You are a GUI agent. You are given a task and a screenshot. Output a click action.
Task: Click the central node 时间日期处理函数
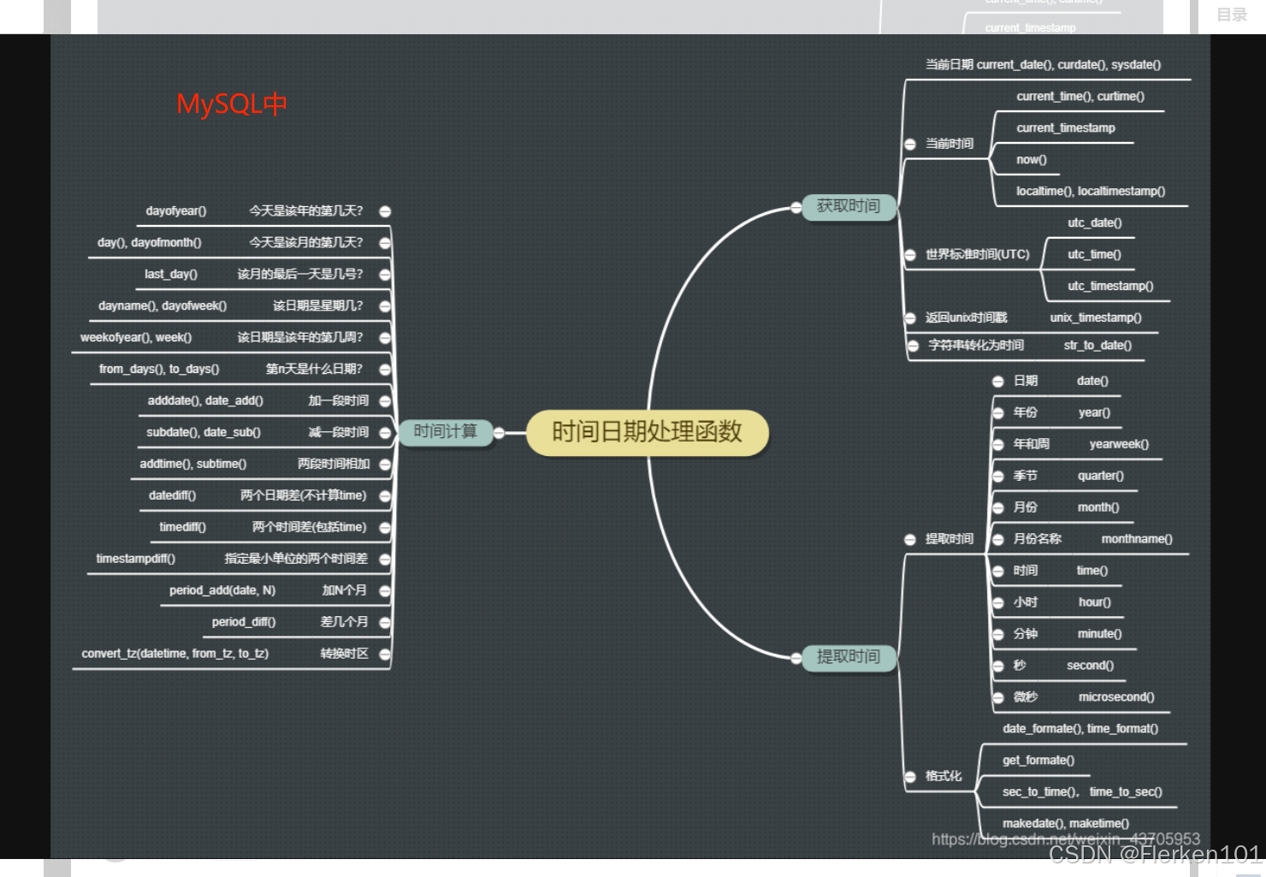tap(647, 432)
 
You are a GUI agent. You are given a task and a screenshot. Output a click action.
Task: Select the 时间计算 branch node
tap(445, 432)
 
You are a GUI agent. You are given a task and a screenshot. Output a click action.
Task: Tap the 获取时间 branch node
tap(848, 206)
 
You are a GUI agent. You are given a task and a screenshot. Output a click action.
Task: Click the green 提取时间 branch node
tap(848, 657)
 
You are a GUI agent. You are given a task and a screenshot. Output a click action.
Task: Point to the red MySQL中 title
tap(231, 104)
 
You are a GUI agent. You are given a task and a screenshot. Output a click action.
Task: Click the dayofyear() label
tap(176, 211)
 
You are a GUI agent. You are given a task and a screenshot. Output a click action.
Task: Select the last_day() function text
tap(171, 275)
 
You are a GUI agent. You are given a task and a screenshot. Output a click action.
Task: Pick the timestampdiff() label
tap(136, 559)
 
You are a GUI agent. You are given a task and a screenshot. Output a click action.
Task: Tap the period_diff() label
tap(244, 622)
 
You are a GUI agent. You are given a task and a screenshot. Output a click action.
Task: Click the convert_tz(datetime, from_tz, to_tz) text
tap(175, 654)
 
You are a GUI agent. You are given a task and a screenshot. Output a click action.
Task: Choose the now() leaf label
tap(1032, 160)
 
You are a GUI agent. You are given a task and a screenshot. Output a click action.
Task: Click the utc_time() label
tap(1094, 255)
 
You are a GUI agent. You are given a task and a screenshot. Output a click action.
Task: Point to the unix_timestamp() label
tap(1096, 318)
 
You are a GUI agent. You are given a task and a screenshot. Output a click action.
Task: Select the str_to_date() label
tap(1097, 346)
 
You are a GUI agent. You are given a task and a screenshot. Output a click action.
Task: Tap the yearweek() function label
tap(1119, 445)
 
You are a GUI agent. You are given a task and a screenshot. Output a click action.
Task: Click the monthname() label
tap(1137, 539)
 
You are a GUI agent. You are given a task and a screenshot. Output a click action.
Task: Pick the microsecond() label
tap(1116, 697)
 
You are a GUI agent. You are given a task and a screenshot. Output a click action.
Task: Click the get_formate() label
tap(1038, 761)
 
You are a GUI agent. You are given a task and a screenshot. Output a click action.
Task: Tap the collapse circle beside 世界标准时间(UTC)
tap(910, 255)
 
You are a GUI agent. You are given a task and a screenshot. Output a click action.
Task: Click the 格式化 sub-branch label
tap(944, 776)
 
